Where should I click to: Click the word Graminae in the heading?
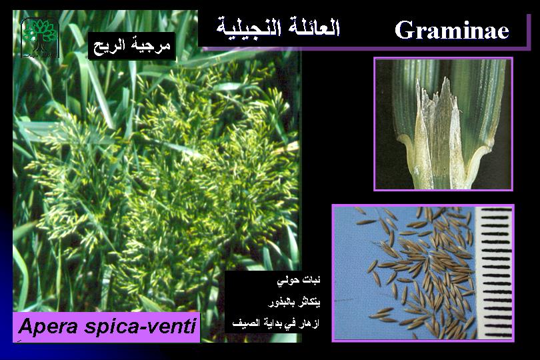(x=452, y=30)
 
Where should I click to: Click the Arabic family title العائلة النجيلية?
(x=278, y=27)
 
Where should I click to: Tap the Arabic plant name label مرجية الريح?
(x=132, y=47)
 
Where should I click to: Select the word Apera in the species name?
(x=48, y=326)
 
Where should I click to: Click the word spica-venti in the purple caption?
(x=140, y=327)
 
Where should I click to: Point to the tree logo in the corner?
(x=40, y=37)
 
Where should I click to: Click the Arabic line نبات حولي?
(x=299, y=281)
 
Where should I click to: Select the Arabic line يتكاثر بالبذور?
(x=294, y=303)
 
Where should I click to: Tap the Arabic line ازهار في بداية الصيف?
(x=275, y=323)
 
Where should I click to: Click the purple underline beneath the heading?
(x=365, y=49)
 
